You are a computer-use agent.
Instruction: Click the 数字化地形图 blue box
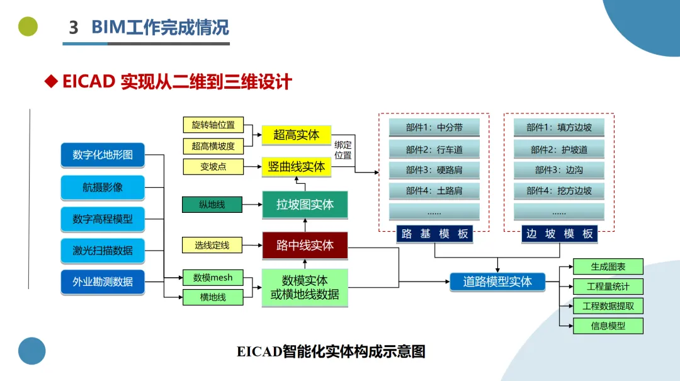coord(103,154)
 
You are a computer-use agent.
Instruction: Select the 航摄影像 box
coord(103,187)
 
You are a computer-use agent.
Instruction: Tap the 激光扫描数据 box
coord(103,251)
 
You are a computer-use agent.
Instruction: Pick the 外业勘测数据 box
coord(103,282)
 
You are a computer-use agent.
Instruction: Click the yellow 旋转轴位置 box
coord(213,125)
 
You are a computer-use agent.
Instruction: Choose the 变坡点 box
coord(213,167)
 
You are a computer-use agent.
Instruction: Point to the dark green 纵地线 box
coord(212,205)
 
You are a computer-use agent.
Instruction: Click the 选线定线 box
coord(212,245)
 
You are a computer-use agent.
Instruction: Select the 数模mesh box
coord(213,278)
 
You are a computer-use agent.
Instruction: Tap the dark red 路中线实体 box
coord(305,246)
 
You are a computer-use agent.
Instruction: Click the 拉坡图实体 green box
coord(305,205)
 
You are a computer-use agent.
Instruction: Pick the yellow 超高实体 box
coord(296,135)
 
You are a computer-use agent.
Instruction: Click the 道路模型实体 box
coord(497,282)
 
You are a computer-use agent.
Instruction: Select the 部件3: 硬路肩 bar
coord(434,170)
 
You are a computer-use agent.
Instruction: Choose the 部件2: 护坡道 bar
coord(559,150)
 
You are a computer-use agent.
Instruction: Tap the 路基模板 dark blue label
coord(434,234)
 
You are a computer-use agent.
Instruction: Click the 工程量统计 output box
coord(608,287)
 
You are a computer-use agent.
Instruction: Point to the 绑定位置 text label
coord(343,150)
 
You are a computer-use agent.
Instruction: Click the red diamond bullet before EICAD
coord(51,81)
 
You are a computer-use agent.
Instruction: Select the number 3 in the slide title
coord(74,27)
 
